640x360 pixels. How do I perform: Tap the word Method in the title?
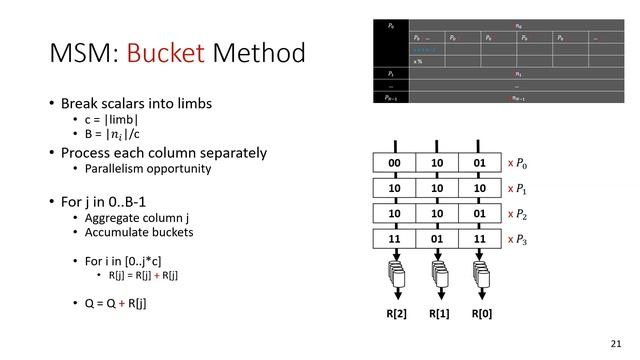coord(260,53)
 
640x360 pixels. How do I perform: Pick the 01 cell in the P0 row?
coord(480,163)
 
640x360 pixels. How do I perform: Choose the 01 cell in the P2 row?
coord(480,213)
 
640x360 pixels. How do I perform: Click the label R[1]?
coord(438,315)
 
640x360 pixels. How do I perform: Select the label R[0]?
coord(481,315)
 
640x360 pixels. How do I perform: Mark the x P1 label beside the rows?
coord(521,188)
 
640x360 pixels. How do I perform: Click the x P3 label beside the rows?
coord(521,239)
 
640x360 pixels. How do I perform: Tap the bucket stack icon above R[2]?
coord(395,272)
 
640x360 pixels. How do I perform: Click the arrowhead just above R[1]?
coord(438,295)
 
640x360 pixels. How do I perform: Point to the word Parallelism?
coord(118,169)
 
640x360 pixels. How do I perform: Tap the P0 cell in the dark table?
coord(391,23)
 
